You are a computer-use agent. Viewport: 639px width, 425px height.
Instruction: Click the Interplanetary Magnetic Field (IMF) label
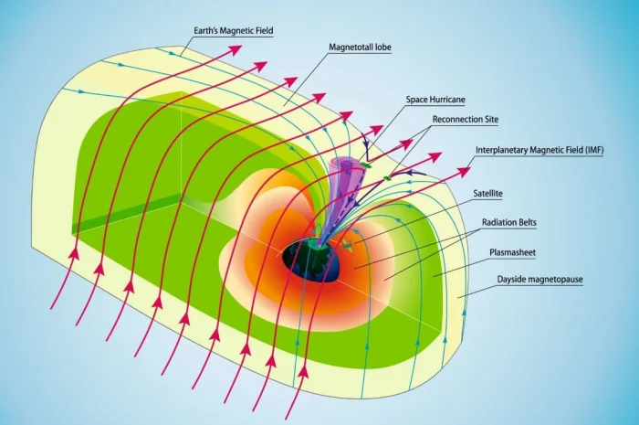click(x=540, y=150)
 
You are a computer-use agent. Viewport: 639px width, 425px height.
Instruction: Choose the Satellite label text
click(x=489, y=194)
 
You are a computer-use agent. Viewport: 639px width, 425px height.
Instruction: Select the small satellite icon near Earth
click(x=347, y=245)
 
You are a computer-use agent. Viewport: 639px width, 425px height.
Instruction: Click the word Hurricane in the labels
click(x=452, y=99)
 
